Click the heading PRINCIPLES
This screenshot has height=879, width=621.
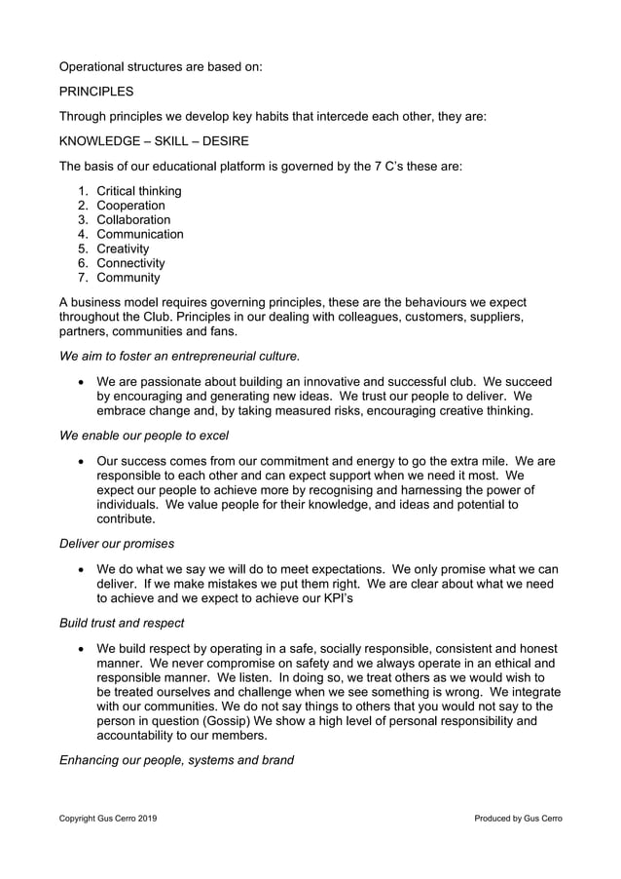(96, 92)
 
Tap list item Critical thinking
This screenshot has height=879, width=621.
(139, 191)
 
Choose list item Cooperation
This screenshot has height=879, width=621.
(130, 206)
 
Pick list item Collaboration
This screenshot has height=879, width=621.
(133, 220)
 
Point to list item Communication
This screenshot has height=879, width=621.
(140, 234)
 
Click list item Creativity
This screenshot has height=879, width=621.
(125, 248)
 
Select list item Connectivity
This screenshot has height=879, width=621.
(130, 263)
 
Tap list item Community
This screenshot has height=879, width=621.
(128, 278)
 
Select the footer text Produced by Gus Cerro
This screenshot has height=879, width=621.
(518, 819)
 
